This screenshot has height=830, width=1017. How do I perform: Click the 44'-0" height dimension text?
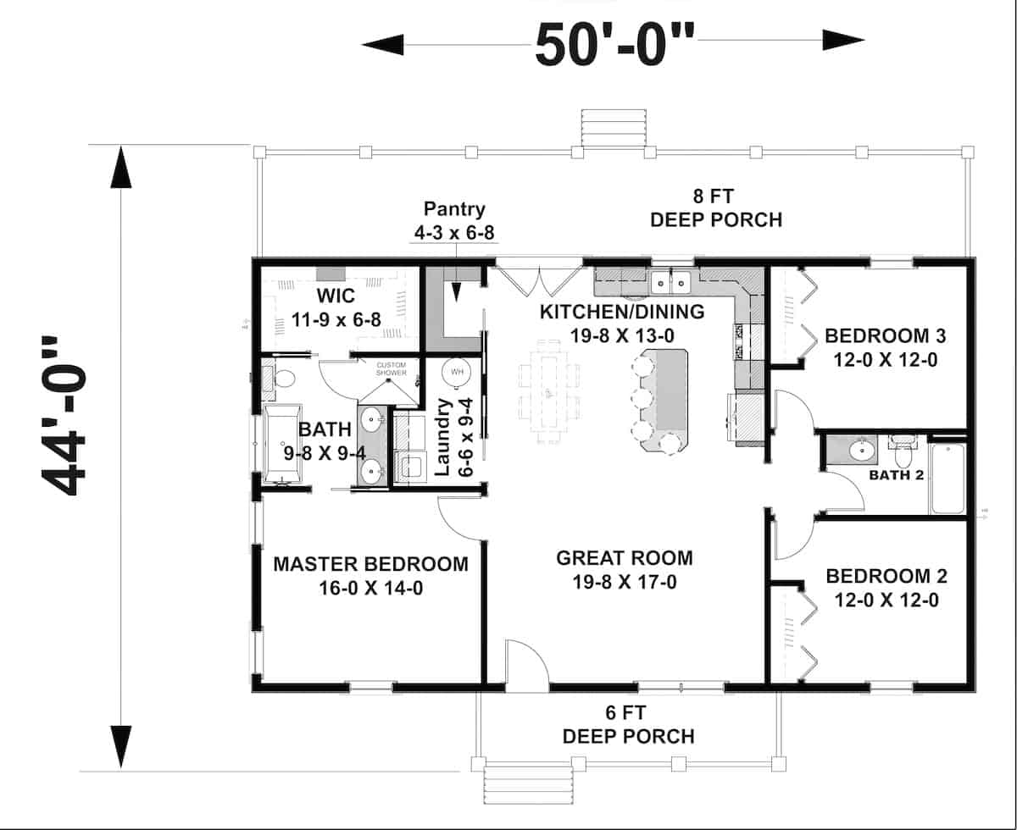click(64, 416)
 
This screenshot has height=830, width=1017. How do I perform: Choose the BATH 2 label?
click(896, 475)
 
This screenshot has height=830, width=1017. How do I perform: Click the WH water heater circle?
click(457, 372)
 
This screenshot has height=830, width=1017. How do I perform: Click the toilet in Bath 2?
click(903, 449)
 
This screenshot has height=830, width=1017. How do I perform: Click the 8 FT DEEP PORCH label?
click(715, 209)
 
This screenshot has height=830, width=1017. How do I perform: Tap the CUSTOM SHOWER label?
click(392, 368)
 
